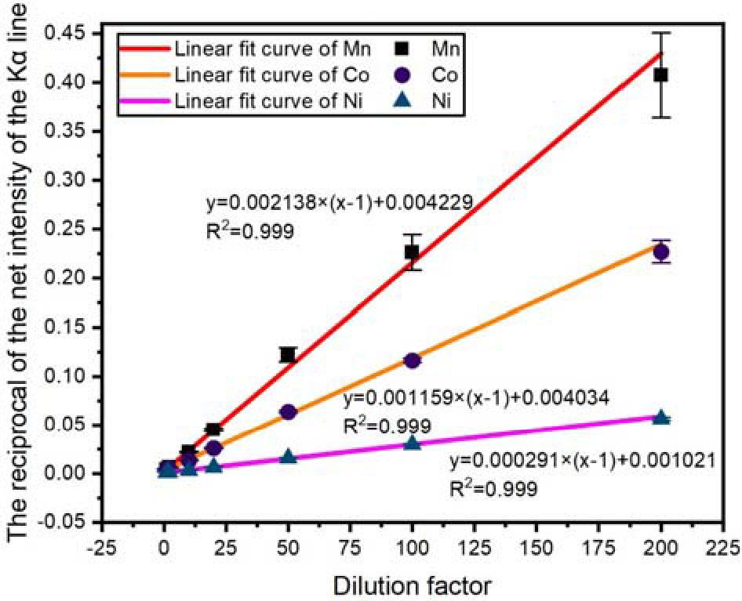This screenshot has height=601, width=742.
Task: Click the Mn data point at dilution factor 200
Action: (661, 75)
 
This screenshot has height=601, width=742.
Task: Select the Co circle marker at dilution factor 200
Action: (661, 252)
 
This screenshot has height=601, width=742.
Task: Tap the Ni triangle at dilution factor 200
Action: (661, 418)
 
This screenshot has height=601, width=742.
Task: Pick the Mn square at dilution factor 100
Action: (412, 252)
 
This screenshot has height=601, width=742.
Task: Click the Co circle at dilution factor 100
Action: (412, 360)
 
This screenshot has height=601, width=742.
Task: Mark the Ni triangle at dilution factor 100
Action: (412, 444)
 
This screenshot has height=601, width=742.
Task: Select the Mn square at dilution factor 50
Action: (288, 354)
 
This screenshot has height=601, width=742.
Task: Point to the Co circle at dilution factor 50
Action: (288, 412)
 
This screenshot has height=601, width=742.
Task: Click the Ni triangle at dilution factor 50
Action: (288, 457)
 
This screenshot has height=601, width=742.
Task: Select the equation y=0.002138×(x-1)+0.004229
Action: (337, 203)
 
